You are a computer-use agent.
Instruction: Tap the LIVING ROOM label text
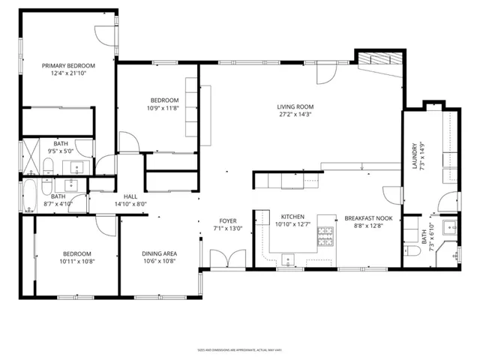(295, 106)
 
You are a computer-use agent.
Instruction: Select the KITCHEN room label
(292, 216)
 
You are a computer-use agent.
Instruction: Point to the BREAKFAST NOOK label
(364, 218)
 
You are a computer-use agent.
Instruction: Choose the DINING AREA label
(159, 253)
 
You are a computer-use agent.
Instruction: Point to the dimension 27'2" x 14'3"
(295, 115)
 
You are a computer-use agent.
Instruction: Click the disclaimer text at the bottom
(238, 349)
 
